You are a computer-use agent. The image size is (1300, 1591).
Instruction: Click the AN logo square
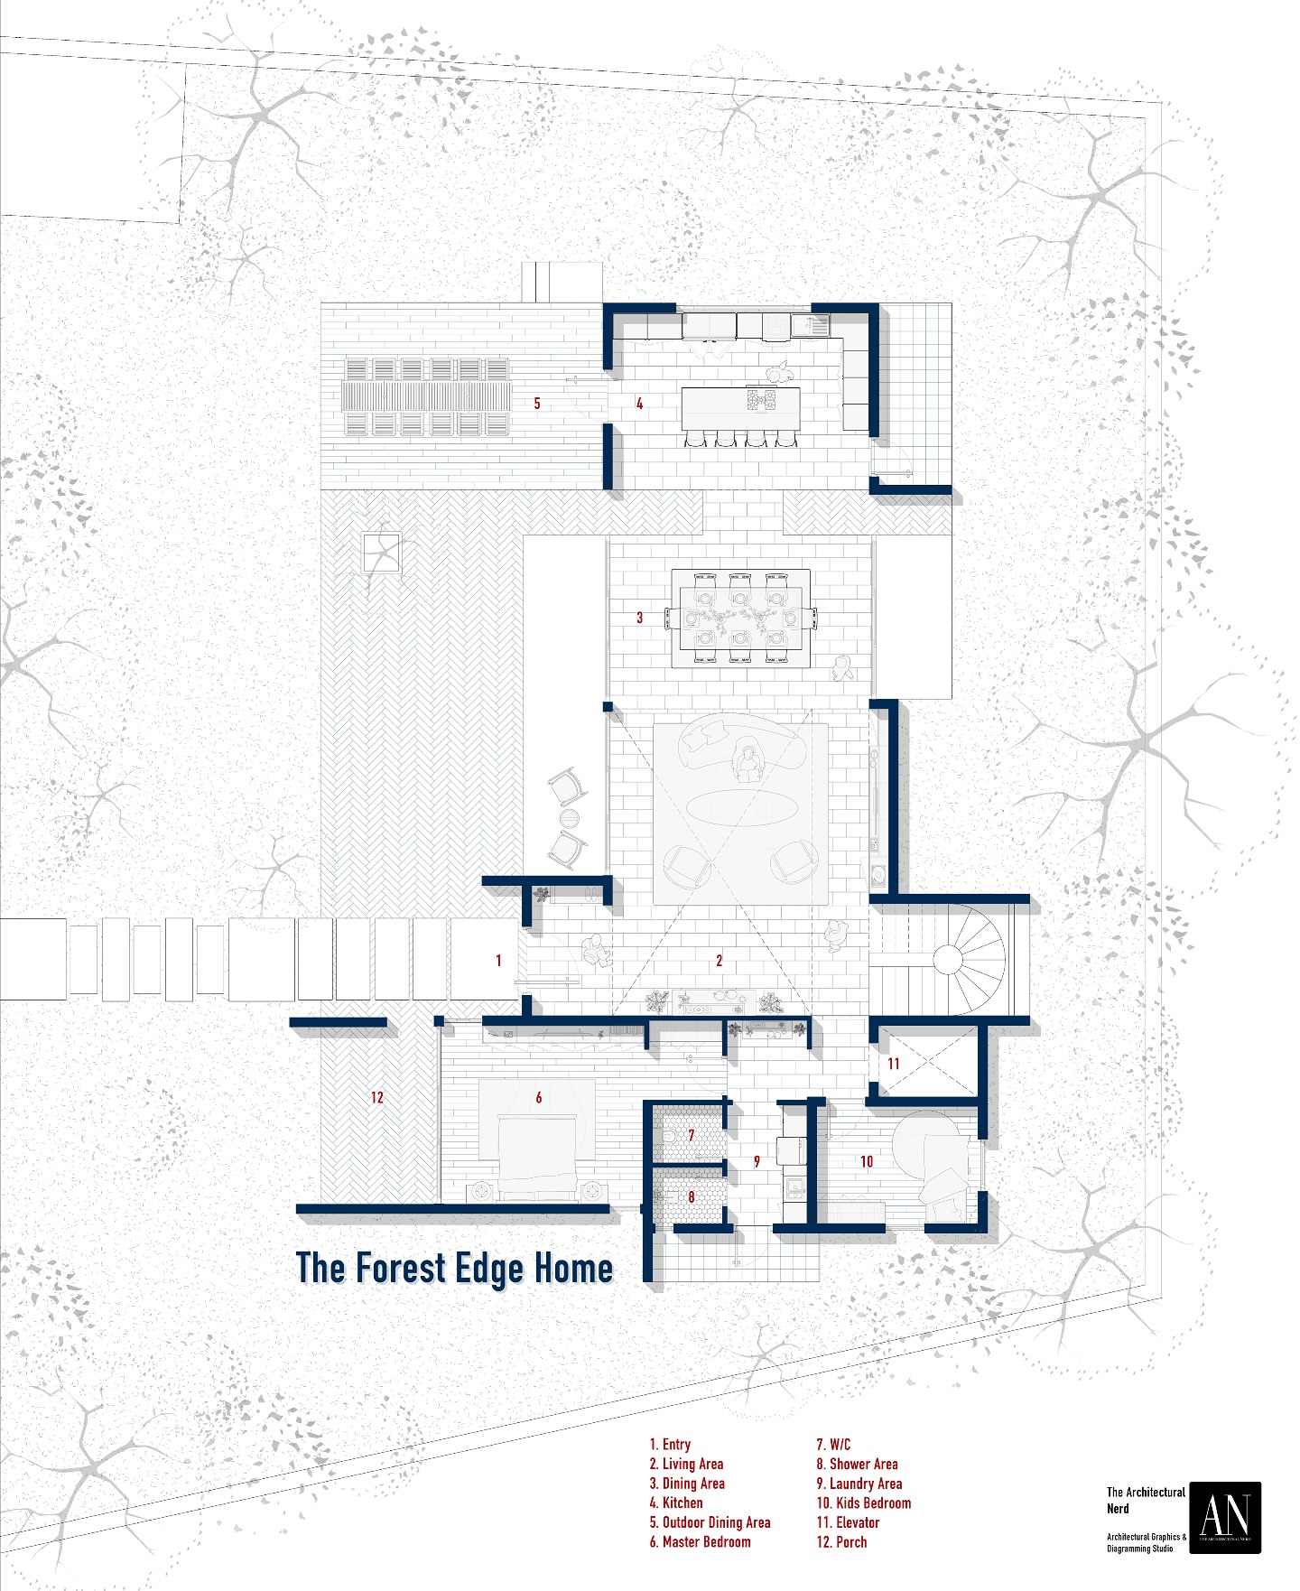pyautogui.click(x=1224, y=1517)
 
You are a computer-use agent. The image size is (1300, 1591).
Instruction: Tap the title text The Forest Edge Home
pyautogui.click(x=454, y=1268)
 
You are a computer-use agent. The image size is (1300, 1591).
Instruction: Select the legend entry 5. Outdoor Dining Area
pyautogui.click(x=710, y=1522)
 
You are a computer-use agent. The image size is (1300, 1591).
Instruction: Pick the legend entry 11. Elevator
pyautogui.click(x=848, y=1522)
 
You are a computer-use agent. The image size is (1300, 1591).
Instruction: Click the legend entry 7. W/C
pyautogui.click(x=833, y=1445)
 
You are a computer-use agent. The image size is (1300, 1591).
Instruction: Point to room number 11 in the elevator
pyautogui.click(x=894, y=1064)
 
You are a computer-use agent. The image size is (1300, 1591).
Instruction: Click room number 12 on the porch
pyautogui.click(x=376, y=1098)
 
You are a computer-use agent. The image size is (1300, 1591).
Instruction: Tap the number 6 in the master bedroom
pyautogui.click(x=539, y=1098)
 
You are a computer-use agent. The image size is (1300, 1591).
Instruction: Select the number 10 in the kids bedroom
pyautogui.click(x=867, y=1162)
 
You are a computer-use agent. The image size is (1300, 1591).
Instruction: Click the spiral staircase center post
pyautogui.click(x=950, y=957)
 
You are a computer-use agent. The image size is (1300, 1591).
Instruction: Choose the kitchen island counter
pyautogui.click(x=740, y=408)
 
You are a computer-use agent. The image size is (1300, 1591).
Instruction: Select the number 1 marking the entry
pyautogui.click(x=498, y=961)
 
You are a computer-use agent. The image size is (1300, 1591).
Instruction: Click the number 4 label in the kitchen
pyautogui.click(x=639, y=404)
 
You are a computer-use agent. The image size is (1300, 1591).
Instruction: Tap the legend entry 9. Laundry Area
pyautogui.click(x=859, y=1484)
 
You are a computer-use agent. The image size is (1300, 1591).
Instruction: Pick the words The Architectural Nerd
pyautogui.click(x=1145, y=1500)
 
